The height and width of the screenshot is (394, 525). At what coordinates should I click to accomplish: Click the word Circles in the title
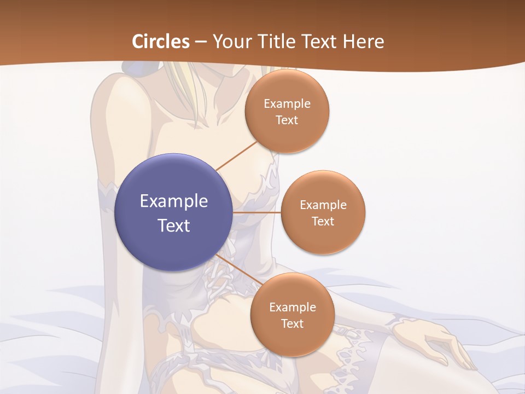click(x=161, y=42)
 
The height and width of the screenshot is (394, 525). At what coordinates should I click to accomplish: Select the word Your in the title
click(x=230, y=42)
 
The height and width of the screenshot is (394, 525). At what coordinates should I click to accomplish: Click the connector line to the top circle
click(x=236, y=155)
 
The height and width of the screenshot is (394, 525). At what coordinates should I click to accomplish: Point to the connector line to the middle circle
click(x=257, y=212)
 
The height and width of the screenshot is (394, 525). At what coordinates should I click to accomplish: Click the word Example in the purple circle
click(x=174, y=201)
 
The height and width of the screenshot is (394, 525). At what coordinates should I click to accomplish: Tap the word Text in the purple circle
click(x=174, y=225)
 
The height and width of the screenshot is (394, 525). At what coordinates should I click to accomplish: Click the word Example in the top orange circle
click(x=287, y=104)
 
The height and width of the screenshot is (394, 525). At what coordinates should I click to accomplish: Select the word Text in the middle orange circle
click(x=323, y=221)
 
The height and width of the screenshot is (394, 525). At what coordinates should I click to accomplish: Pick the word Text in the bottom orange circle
click(x=292, y=323)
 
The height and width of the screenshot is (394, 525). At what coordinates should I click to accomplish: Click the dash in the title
click(x=201, y=42)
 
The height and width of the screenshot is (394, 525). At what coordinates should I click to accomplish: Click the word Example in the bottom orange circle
click(x=293, y=307)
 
